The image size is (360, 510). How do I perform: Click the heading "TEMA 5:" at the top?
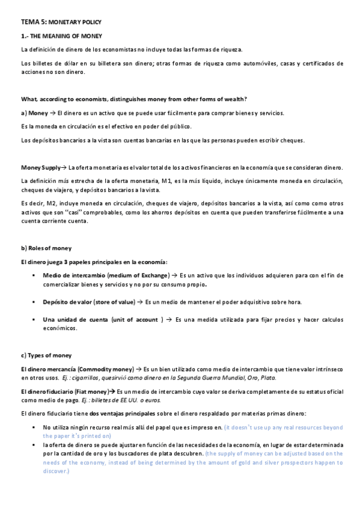point(29,21)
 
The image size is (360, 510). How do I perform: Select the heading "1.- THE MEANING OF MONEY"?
point(61,37)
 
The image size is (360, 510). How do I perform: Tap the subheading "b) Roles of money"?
point(46,248)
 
